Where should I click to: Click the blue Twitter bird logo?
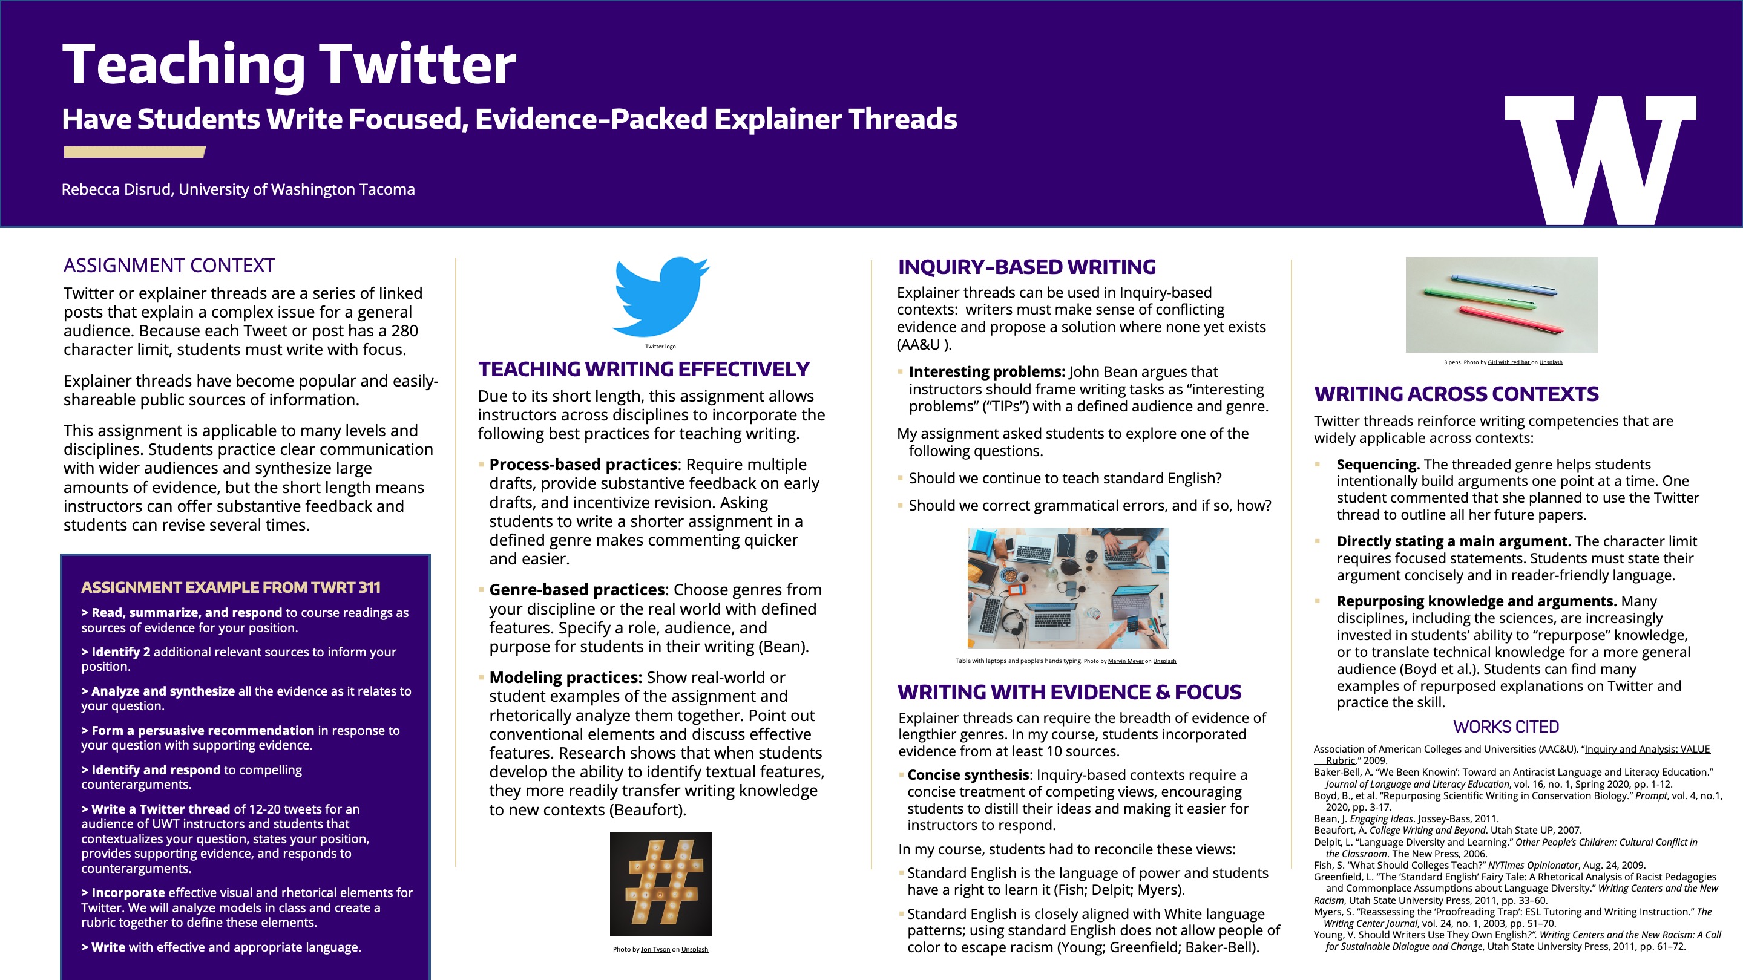pos(659,296)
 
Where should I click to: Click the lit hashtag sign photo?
pos(660,883)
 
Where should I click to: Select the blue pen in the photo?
pos(1503,285)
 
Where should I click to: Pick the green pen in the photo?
pos(1479,298)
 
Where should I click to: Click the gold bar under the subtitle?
pos(134,152)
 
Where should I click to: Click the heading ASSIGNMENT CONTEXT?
pos(169,266)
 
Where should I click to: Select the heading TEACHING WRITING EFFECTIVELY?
pos(643,369)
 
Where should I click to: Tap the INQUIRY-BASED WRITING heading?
pos(1026,267)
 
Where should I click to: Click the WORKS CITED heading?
pos(1506,727)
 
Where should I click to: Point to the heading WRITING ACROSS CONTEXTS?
pos(1456,394)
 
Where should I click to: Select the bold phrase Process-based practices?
pos(583,465)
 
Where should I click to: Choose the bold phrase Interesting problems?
pos(986,372)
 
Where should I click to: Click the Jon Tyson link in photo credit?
pos(655,950)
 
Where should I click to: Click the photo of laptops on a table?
pos(1068,588)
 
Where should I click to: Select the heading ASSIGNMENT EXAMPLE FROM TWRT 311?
pos(231,588)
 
